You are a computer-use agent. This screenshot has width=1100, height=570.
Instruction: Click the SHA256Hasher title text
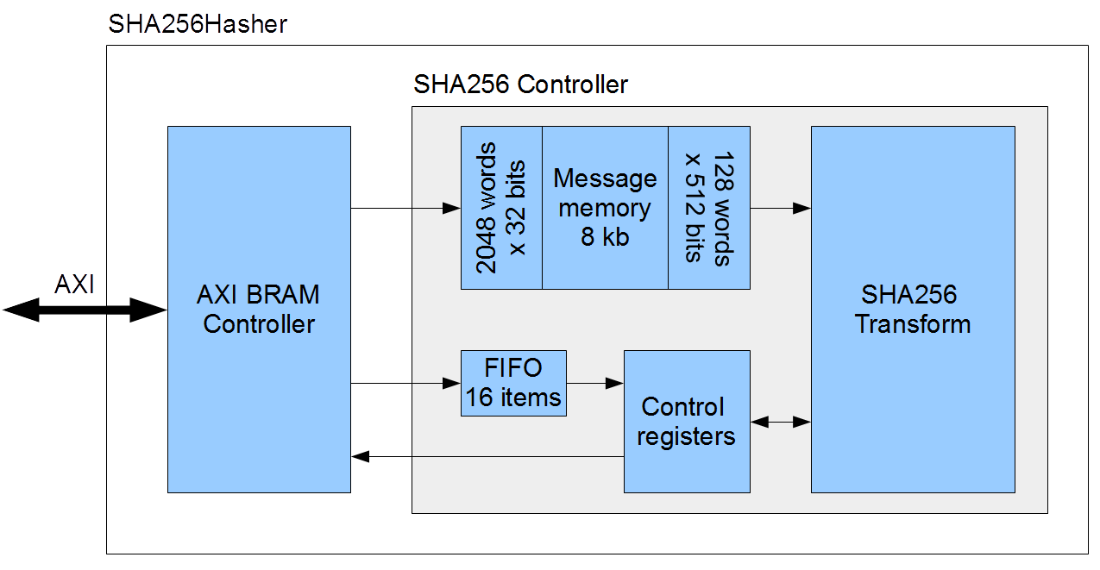coord(197,23)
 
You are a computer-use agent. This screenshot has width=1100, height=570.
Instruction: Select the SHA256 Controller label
coord(520,85)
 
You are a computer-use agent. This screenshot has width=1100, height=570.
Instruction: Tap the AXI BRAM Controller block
coord(259,310)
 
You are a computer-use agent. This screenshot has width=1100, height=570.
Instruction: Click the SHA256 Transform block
coord(913,310)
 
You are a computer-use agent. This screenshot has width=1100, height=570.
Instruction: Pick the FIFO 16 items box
coord(513,383)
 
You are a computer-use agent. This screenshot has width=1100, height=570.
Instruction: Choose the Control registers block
coord(687,422)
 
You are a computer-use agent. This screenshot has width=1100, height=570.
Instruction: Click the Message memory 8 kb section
coord(605,208)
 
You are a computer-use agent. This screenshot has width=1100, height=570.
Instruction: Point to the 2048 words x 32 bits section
coord(501,208)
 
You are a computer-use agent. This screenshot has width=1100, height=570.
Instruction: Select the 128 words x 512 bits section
coord(709,208)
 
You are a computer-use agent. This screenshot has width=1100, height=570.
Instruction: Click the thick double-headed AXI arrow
coord(84,310)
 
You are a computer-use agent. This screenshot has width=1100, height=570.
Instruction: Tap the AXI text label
coord(74,285)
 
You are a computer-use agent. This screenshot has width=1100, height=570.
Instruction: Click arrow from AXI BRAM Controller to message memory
coord(405,208)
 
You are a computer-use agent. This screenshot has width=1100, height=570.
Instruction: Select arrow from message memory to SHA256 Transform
coord(780,208)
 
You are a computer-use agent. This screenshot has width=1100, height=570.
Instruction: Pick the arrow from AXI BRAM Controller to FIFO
coord(405,383)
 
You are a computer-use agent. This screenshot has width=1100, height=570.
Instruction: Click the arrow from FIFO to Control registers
coord(595,383)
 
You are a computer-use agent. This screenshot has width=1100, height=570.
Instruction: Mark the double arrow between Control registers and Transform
coord(781,422)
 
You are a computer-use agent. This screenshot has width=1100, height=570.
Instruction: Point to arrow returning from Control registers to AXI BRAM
coord(487,456)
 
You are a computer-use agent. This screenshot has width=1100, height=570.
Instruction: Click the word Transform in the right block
coord(913,324)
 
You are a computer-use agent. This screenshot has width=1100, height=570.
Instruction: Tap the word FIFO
coord(513,368)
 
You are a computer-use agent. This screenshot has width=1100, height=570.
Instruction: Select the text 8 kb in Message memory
coord(605,237)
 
